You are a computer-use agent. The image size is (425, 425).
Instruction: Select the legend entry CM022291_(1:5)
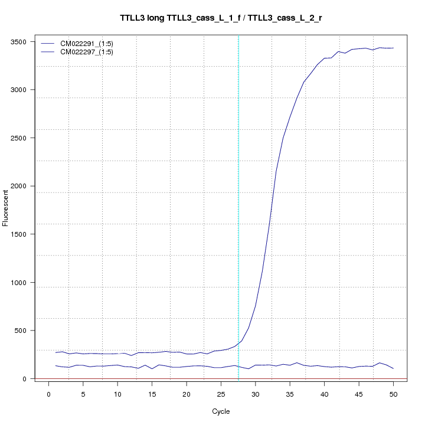coord(87,43)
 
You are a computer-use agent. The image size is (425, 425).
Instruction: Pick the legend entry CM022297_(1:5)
coord(87,52)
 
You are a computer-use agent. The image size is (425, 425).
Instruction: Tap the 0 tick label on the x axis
coord(48,394)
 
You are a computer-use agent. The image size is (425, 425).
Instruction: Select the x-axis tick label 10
coord(117,394)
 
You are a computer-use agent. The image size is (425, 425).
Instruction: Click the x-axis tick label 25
coord(221,394)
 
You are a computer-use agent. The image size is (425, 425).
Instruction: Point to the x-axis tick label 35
coord(290,394)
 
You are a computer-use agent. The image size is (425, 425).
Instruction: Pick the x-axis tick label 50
coord(393,394)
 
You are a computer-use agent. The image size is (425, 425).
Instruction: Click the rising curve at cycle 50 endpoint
coord(393,48)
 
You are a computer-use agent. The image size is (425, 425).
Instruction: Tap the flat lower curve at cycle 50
coord(393,368)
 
